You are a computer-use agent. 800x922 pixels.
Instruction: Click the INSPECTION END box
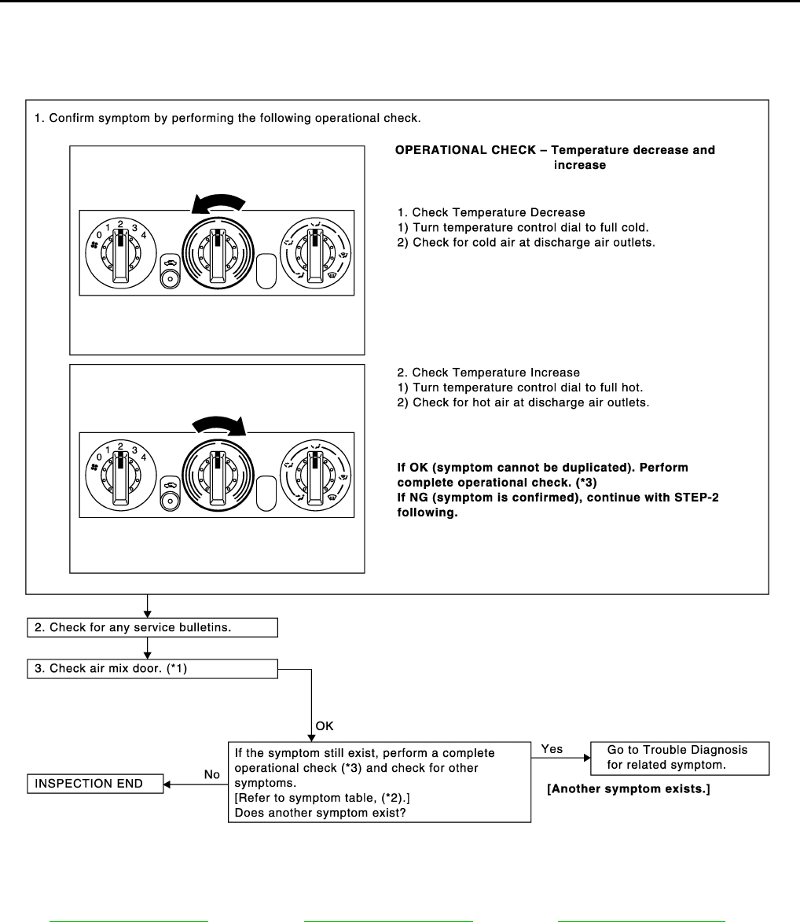95,784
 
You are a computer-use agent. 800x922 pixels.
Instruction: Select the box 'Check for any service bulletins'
152,626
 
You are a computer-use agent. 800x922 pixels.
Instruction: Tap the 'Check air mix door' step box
152,669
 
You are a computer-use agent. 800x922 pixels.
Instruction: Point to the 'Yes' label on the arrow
552,749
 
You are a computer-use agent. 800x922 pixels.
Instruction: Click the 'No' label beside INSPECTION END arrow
212,774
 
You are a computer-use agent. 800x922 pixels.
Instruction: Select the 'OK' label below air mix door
325,727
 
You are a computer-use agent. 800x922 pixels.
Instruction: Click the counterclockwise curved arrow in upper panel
218,203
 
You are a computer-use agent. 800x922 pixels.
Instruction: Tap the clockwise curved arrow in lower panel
219,425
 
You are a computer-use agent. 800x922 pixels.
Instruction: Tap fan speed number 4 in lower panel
144,457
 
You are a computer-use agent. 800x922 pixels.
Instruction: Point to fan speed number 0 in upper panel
99,234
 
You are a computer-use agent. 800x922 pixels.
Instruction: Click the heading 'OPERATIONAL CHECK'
554,150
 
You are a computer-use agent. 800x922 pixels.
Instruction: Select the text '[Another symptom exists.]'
629,789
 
